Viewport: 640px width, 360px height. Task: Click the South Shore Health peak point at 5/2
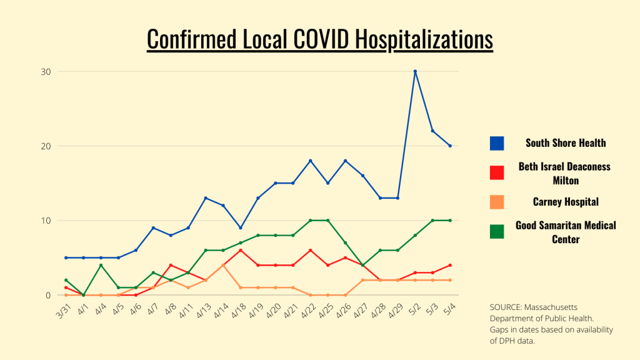[415, 71]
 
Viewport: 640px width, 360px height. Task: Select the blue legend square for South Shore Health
[497, 143]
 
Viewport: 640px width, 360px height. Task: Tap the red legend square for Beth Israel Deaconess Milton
[497, 172]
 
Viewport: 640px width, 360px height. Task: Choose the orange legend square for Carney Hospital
[497, 202]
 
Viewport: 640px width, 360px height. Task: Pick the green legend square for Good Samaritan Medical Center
[497, 232]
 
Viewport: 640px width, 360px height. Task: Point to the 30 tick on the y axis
[46, 71]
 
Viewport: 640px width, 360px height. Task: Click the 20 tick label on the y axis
[46, 146]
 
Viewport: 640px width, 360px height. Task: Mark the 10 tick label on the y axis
[46, 221]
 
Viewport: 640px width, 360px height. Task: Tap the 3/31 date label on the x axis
[62, 308]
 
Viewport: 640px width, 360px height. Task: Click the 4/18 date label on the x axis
[237, 308]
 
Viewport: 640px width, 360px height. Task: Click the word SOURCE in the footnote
[507, 308]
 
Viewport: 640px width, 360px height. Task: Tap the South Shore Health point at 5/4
[450, 146]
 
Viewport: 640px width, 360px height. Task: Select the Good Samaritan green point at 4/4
[101, 265]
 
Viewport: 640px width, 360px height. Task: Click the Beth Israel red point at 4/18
[241, 250]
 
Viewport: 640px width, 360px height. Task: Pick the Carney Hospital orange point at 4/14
[223, 265]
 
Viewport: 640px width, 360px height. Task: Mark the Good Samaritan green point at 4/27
[362, 265]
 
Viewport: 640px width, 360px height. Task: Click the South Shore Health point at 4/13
[206, 198]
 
